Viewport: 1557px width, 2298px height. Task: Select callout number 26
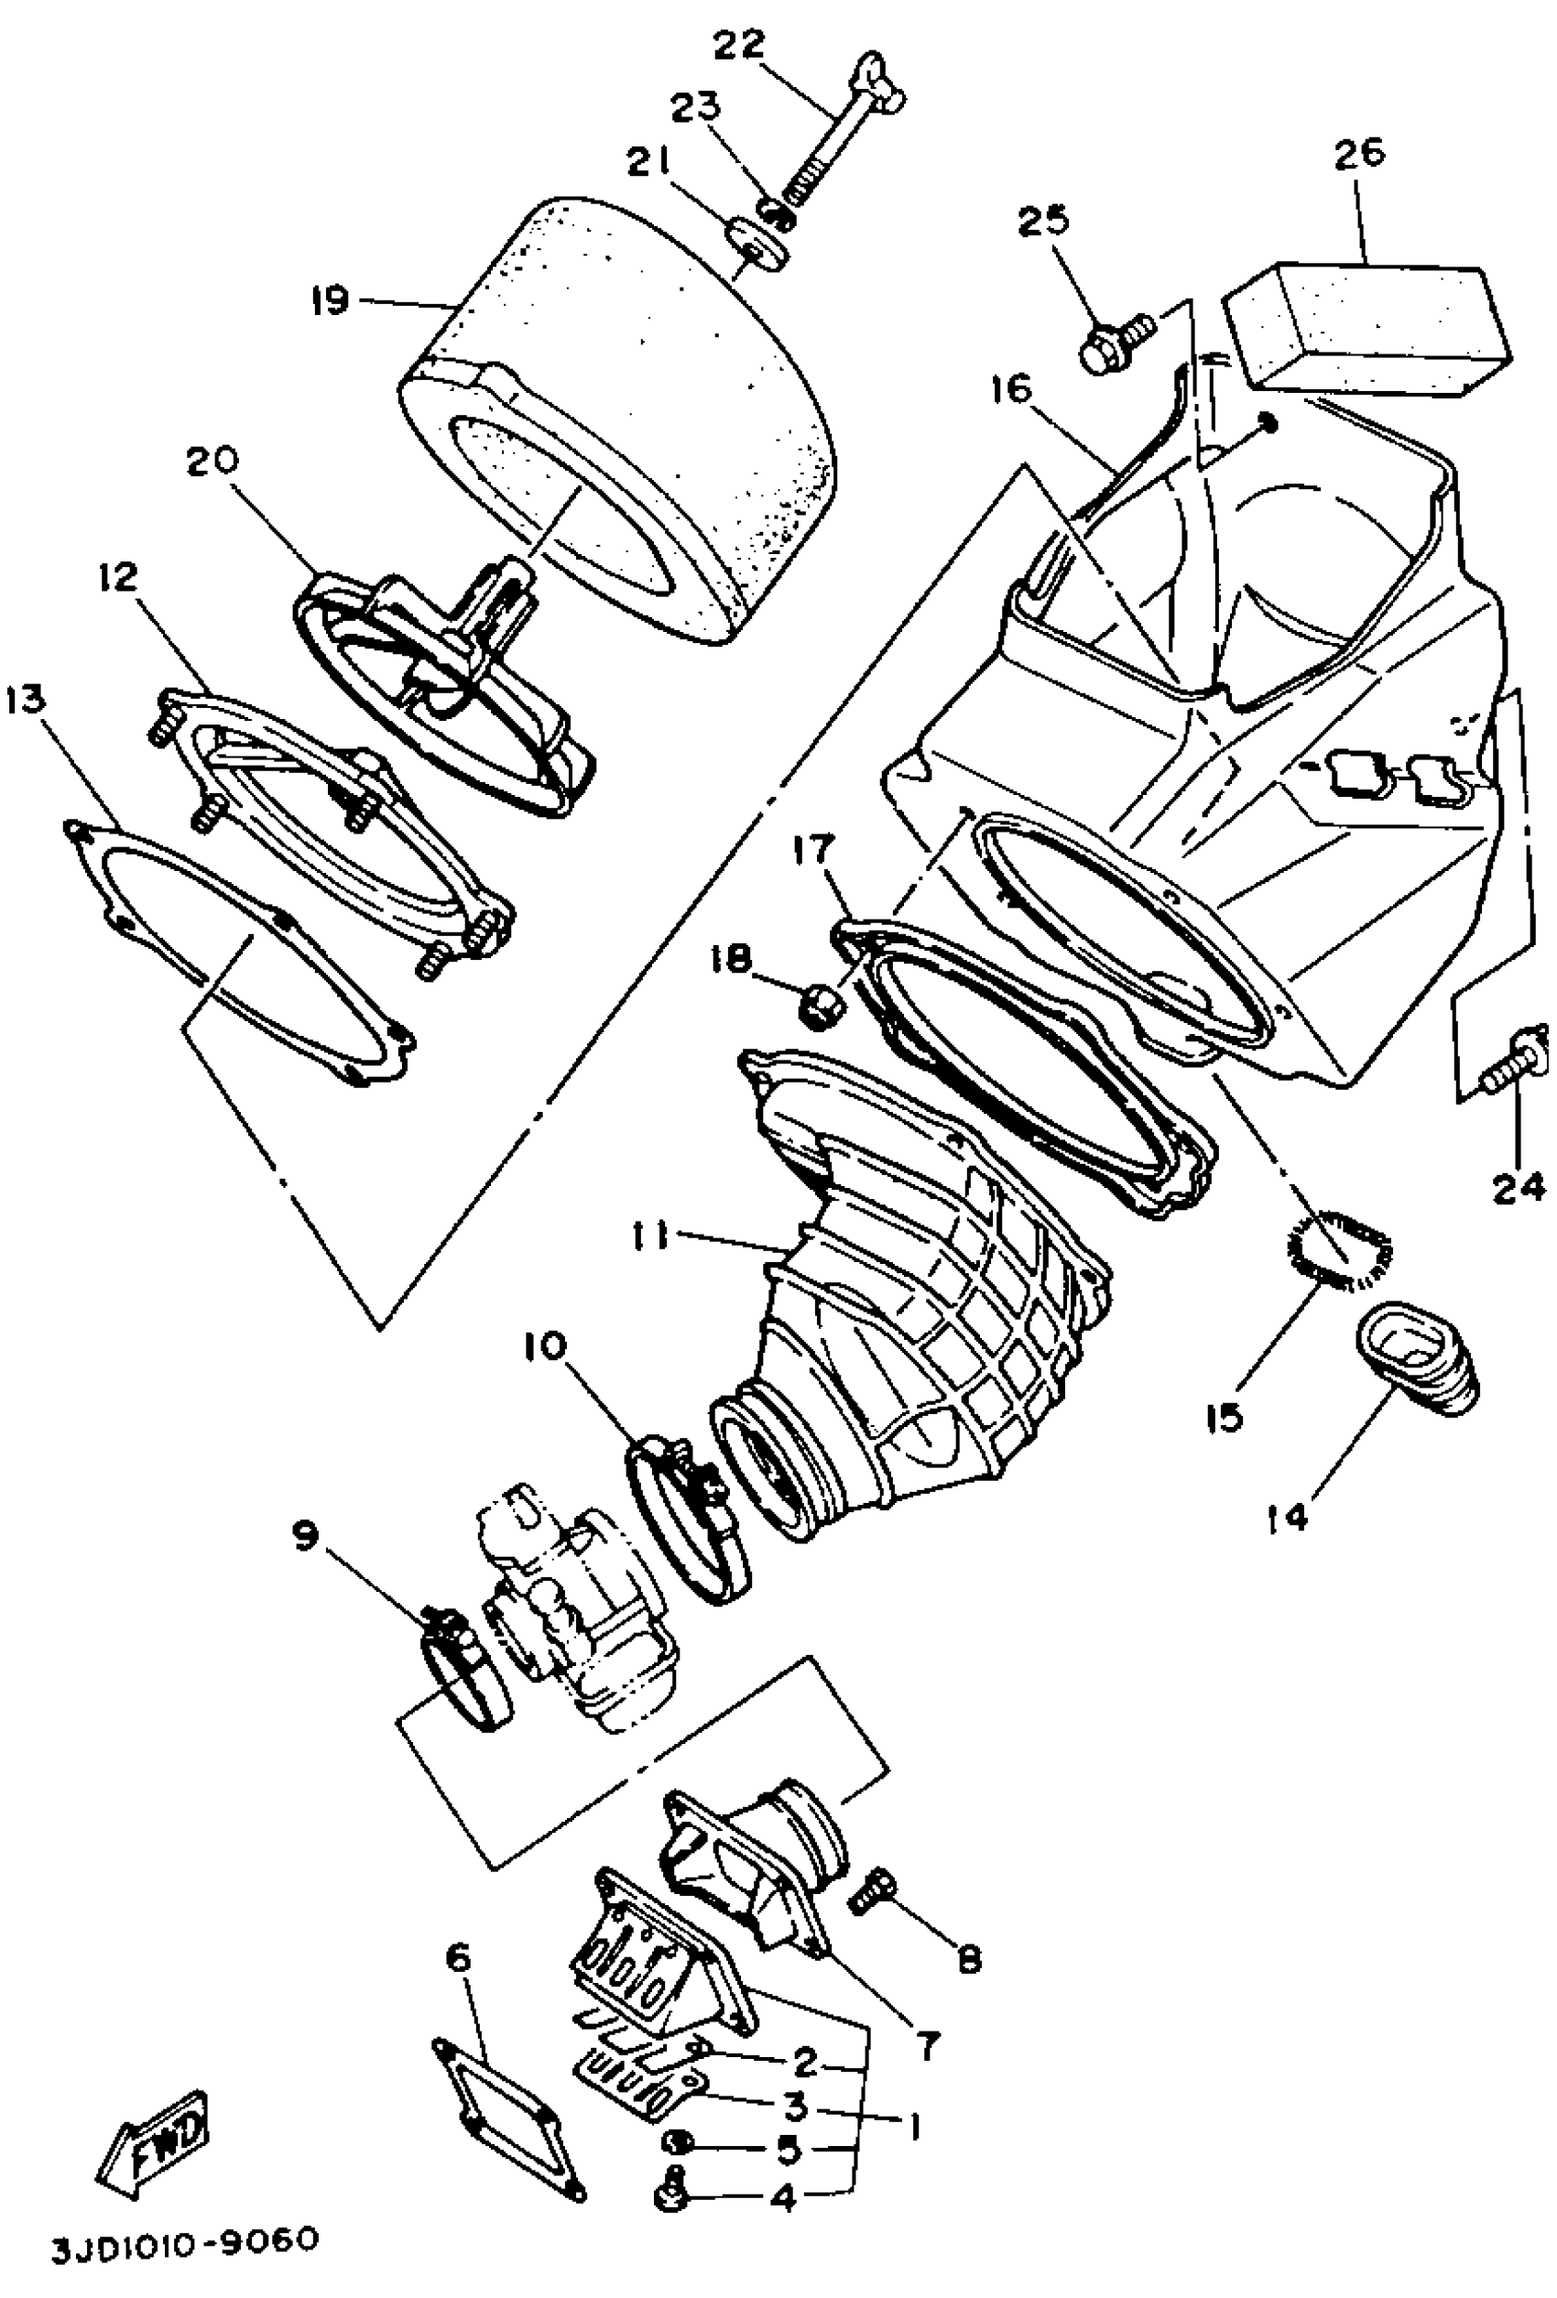(x=1359, y=153)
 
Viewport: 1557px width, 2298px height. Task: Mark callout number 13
(x=25, y=700)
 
